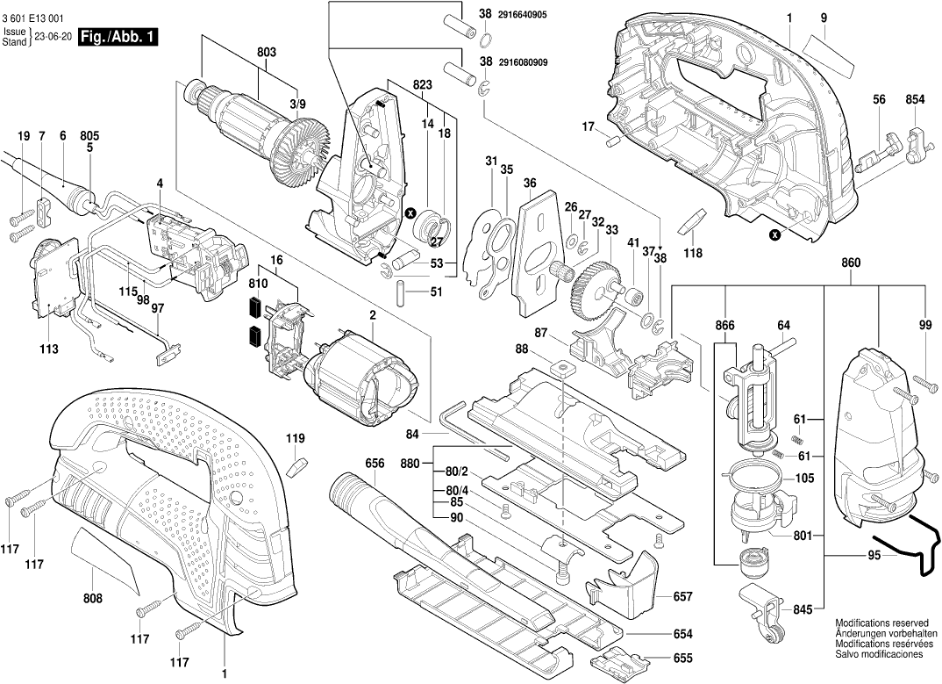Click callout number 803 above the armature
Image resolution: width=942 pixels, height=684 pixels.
click(267, 53)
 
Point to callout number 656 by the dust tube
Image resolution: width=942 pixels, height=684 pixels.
click(375, 463)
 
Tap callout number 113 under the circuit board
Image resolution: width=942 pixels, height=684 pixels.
click(48, 349)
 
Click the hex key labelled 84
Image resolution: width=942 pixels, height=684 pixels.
click(474, 429)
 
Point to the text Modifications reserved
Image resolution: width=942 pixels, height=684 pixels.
click(879, 621)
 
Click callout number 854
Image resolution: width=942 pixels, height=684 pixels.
click(915, 100)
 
